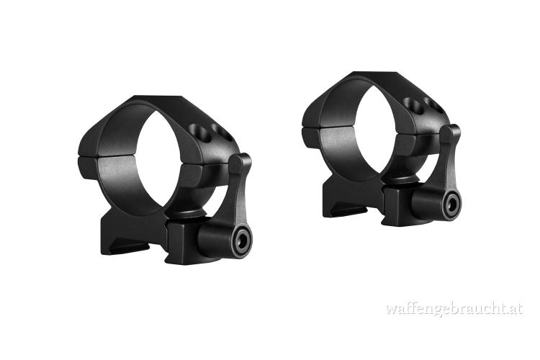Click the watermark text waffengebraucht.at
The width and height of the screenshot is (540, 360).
coord(454,308)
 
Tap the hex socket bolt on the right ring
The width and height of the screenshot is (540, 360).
coord(451,204)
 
